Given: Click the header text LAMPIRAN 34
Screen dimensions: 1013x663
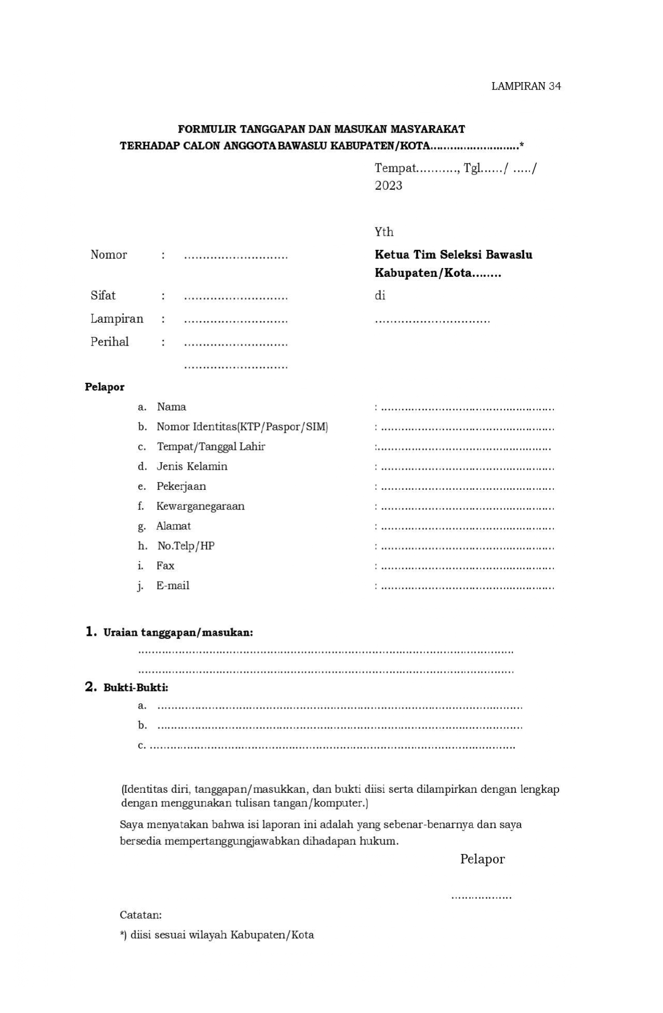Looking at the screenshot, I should click(x=526, y=86).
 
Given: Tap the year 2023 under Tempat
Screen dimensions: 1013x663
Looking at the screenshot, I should click(x=388, y=186).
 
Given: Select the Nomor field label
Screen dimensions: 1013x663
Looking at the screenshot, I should click(x=109, y=255).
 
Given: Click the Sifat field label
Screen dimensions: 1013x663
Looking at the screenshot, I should click(x=103, y=296).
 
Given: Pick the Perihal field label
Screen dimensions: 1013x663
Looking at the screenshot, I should click(x=110, y=342).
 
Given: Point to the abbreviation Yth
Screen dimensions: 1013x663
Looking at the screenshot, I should click(x=384, y=232).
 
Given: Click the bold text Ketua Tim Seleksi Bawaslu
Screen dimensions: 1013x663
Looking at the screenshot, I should click(x=453, y=255).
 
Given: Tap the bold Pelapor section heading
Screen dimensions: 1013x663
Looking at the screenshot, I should click(x=104, y=387).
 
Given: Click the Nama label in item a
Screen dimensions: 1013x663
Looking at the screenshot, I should click(x=171, y=407).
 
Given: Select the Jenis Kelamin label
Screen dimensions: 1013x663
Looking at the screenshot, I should click(x=192, y=466).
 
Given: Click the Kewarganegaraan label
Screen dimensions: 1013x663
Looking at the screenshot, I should click(x=200, y=506).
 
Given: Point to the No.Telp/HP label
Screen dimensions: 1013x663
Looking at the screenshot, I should click(x=185, y=546).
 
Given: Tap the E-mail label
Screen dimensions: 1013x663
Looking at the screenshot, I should click(x=173, y=585).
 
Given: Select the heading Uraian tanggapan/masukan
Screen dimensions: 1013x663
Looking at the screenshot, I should click(x=178, y=633).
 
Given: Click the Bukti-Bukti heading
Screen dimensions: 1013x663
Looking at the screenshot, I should click(x=136, y=688).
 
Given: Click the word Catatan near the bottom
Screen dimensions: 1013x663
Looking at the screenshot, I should click(x=140, y=915).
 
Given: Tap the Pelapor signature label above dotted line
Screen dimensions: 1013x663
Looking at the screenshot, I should click(x=482, y=859).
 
